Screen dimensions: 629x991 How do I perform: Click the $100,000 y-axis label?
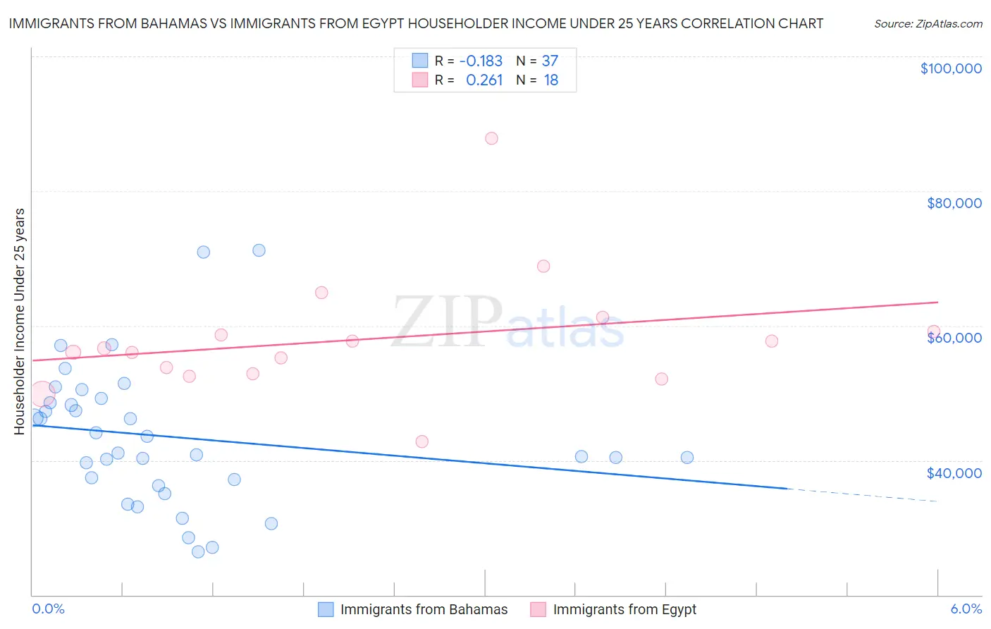click(951, 68)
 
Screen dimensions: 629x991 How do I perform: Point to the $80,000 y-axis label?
click(954, 203)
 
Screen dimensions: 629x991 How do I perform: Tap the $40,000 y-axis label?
click(954, 472)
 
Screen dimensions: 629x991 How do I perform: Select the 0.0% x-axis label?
click(48, 609)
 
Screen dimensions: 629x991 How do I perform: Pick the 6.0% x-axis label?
click(966, 609)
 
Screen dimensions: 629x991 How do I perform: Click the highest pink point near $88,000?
click(491, 138)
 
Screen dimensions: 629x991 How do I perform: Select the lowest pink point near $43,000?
click(421, 441)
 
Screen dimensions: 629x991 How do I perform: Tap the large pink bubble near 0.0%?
click(42, 393)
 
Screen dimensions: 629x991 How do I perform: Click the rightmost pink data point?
click(934, 331)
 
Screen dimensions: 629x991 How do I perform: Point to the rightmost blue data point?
click(687, 458)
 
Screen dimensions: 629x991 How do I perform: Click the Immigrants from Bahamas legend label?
click(424, 609)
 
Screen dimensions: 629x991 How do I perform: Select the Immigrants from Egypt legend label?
click(624, 609)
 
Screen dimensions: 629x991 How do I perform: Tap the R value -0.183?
click(481, 61)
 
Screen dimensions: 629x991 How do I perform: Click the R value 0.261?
click(484, 80)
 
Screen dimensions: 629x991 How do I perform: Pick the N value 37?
click(550, 61)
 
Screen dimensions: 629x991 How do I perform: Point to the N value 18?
click(550, 80)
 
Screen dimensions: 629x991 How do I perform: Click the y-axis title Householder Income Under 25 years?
click(20, 321)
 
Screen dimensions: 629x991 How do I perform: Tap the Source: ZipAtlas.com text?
click(928, 24)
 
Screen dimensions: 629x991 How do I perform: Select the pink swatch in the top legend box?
click(420, 80)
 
